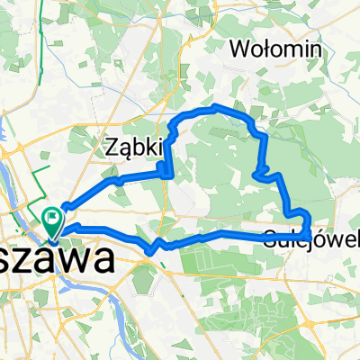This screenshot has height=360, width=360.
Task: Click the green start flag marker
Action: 52,217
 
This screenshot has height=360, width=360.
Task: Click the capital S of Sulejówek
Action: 272,238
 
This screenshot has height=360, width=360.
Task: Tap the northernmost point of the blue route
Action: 216,107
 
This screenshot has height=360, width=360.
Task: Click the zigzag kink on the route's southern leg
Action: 157,246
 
